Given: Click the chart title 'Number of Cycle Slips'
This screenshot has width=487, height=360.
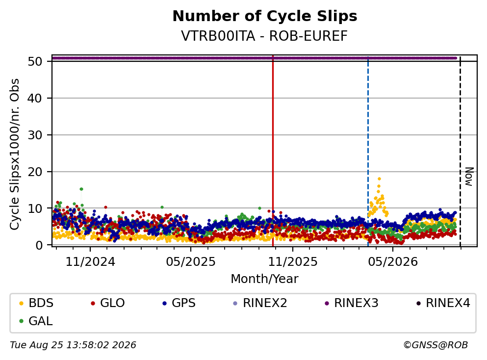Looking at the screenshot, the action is coord(265,16).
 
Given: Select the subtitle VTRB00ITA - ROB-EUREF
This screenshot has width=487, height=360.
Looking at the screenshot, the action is coord(264,36).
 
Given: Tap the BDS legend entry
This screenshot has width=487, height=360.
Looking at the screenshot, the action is coord(36,303).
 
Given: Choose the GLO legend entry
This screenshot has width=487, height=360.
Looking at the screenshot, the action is coord(107,303).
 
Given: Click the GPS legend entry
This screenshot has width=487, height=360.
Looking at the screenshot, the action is coord(179,303).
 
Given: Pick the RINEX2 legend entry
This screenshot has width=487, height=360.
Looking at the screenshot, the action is coord(260,303).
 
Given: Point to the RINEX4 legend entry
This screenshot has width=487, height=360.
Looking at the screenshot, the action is coord(443,303).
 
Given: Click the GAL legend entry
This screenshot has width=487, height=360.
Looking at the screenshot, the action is coord(36,321).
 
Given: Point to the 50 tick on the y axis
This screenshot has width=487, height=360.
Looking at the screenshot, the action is coord(35,61).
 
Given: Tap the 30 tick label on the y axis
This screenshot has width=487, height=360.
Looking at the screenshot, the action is coord(35,135).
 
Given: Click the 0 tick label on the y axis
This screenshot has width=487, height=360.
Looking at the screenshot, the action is coord(39,245).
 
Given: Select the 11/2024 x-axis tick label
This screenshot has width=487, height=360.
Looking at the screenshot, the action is coord(90,262).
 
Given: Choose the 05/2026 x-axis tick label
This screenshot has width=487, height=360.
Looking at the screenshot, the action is coord(393,262).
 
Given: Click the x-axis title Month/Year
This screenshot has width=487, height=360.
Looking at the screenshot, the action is coord(264,279).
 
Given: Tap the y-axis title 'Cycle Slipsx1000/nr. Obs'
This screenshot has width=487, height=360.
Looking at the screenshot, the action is coord(14,154).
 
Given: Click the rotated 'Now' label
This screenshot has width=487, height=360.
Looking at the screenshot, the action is coord(469,177).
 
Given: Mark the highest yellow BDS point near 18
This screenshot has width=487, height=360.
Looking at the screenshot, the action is coord(379,179).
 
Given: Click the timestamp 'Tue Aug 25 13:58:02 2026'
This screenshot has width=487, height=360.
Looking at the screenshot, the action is coord(73,345).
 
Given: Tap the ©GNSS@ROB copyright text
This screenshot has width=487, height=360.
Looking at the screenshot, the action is coord(436,345).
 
